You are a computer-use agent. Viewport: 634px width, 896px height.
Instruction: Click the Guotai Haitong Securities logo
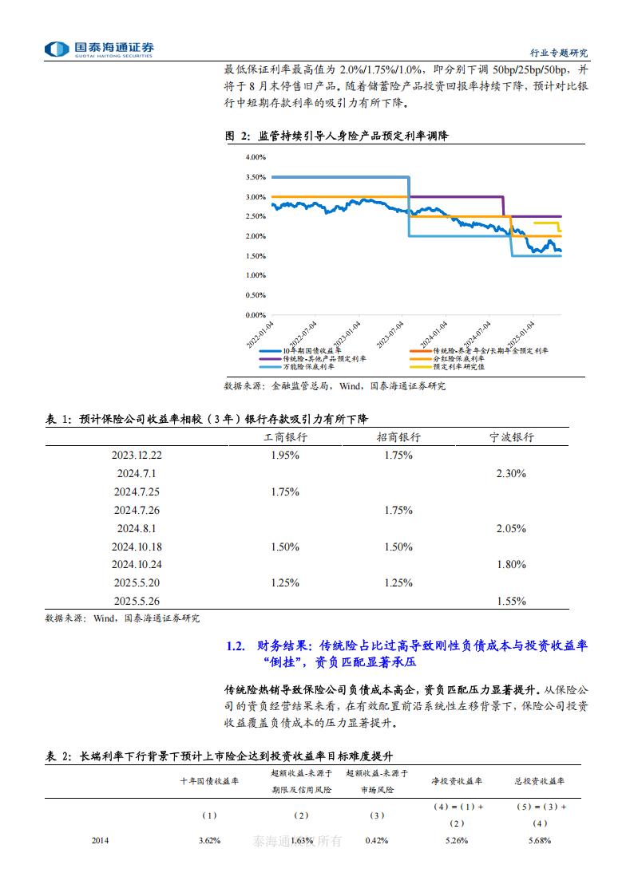click(x=100, y=49)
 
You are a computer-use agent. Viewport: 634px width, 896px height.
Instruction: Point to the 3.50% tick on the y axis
click(x=256, y=177)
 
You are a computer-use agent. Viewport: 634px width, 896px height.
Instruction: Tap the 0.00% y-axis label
click(x=256, y=315)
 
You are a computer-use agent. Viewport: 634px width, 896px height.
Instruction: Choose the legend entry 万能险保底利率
click(x=304, y=367)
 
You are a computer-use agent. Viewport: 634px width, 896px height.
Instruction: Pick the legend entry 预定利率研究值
click(x=459, y=367)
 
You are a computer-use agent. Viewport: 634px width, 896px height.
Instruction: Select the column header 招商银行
click(x=398, y=437)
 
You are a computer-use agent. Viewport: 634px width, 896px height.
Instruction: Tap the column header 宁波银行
click(x=511, y=437)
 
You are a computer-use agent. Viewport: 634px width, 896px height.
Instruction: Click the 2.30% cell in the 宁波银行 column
click(x=511, y=474)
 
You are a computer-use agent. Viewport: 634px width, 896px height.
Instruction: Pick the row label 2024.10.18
click(x=137, y=547)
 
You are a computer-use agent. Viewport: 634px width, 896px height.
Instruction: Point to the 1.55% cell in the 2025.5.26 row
click(x=511, y=601)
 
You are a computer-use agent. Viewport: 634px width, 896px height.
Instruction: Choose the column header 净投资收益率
click(x=457, y=781)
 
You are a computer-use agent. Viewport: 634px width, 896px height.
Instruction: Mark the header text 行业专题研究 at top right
click(x=559, y=53)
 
